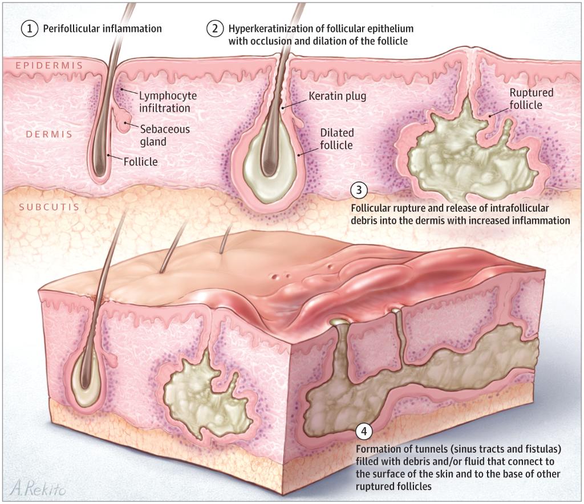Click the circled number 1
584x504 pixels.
click(30, 28)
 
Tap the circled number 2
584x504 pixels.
click(214, 28)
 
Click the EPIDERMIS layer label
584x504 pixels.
click(49, 66)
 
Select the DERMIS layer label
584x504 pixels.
click(48, 135)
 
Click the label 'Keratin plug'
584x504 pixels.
click(337, 96)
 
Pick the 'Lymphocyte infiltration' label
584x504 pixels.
click(164, 101)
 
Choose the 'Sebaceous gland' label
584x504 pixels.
click(165, 135)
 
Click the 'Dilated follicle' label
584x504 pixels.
click(336, 139)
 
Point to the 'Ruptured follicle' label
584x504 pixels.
click(531, 99)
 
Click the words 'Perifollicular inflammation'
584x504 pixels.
click(103, 28)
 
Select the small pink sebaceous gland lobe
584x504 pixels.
click(122, 121)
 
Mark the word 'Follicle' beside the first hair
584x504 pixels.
click(140, 162)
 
